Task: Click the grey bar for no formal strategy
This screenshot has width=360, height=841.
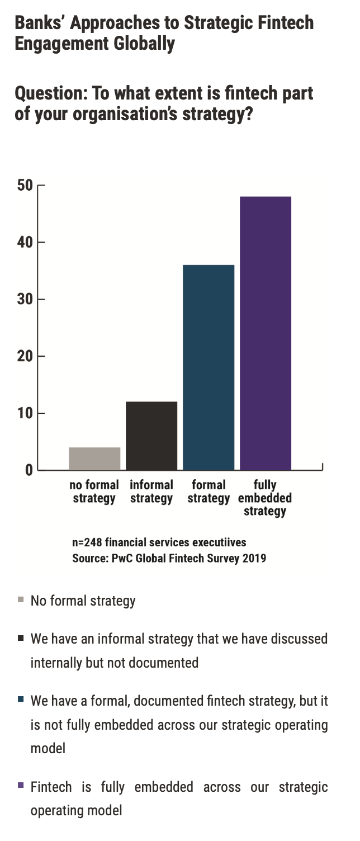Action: [94, 459]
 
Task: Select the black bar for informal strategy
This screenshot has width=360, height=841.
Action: [151, 436]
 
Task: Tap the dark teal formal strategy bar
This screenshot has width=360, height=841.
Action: [209, 367]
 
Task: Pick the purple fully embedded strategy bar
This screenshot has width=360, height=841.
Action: [266, 333]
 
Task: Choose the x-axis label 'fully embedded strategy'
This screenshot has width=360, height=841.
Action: [265, 498]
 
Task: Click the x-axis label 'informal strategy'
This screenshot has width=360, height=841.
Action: [151, 491]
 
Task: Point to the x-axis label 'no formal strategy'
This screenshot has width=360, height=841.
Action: [94, 491]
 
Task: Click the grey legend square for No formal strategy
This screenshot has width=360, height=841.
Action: [21, 601]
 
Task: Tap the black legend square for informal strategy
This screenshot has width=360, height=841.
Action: [21, 637]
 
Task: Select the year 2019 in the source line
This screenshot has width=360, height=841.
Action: [254, 558]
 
